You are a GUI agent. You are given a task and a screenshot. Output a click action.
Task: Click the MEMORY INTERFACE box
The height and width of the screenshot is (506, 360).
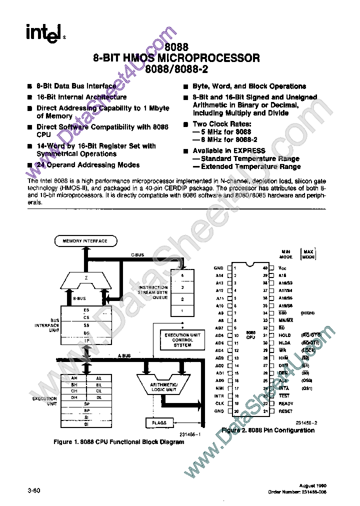84,241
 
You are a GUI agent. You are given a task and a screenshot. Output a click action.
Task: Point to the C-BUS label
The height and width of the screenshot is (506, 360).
137,255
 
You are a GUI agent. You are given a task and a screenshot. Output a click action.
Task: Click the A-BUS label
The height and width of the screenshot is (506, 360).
124,355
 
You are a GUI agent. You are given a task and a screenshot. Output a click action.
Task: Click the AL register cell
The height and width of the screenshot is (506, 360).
99,378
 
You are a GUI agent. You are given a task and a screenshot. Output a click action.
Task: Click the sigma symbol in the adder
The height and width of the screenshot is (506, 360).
86,276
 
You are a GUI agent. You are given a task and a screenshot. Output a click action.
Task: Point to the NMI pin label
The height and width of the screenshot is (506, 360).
219,388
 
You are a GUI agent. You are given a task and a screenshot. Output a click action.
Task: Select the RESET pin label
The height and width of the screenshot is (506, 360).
285,411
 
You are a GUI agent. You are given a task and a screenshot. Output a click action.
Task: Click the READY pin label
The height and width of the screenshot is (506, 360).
286,403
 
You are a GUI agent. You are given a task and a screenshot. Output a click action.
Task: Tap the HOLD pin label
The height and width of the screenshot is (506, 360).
284,335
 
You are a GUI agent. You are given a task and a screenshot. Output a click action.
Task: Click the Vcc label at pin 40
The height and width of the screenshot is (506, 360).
282,268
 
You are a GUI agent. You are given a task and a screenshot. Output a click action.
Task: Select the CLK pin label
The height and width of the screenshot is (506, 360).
219,403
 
